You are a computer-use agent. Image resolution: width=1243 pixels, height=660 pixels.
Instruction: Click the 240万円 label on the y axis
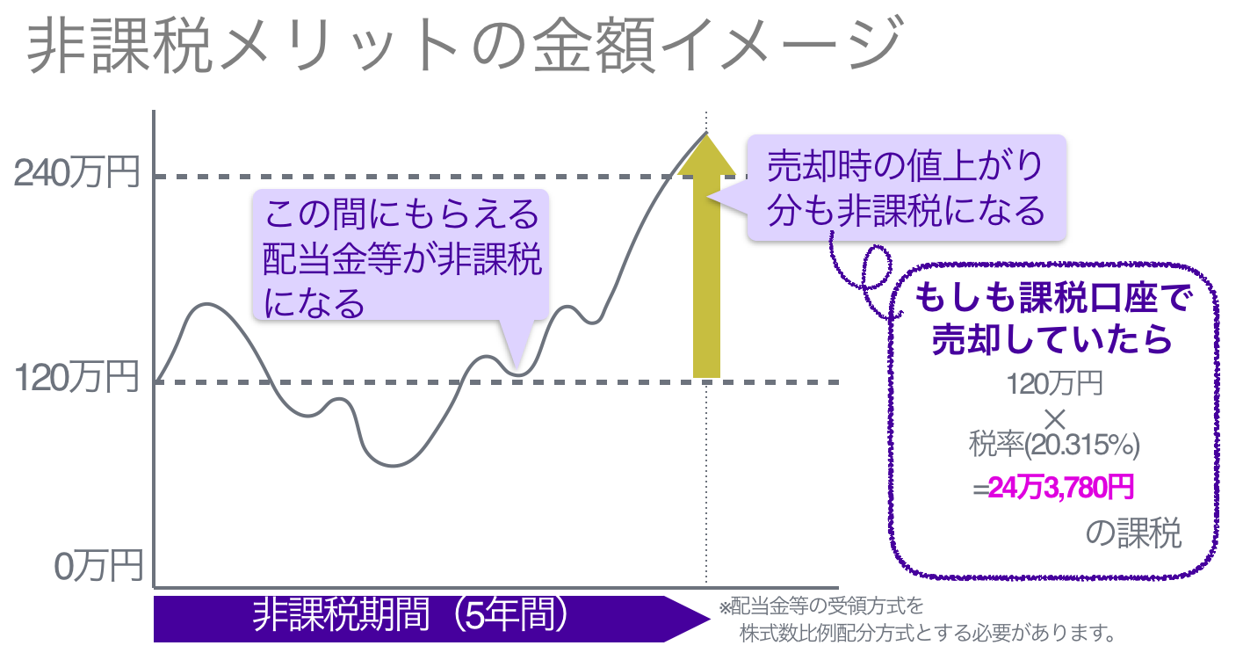[77, 174]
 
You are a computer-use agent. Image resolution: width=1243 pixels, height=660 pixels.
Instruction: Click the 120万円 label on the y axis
[77, 380]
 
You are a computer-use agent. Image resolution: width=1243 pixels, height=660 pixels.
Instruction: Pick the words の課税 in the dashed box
[1133, 533]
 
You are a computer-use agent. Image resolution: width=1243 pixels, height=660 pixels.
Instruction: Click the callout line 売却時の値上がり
[905, 165]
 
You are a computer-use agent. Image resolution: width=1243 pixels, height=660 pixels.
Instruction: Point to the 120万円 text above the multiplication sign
[1053, 384]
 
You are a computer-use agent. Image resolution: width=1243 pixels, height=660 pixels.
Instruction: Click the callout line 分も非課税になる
[905, 211]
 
